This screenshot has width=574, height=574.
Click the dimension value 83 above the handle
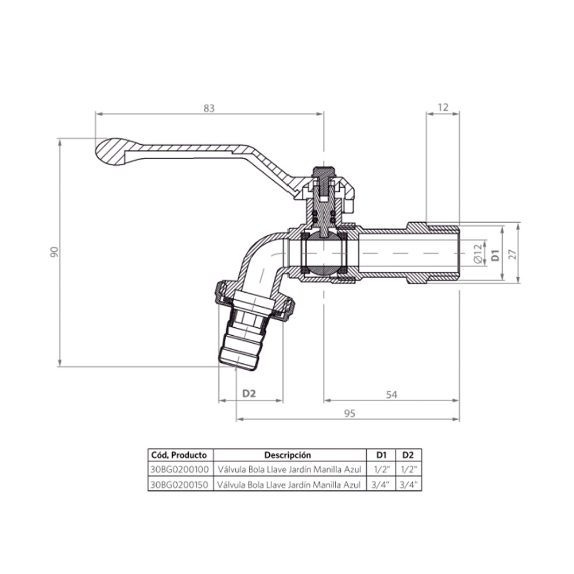(209, 108)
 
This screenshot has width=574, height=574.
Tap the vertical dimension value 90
(54, 252)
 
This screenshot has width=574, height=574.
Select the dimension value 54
(391, 395)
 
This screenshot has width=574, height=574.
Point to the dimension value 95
(350, 413)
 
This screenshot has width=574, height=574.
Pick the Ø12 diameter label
(478, 254)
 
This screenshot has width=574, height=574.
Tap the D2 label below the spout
(249, 394)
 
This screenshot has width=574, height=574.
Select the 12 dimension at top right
(443, 107)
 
